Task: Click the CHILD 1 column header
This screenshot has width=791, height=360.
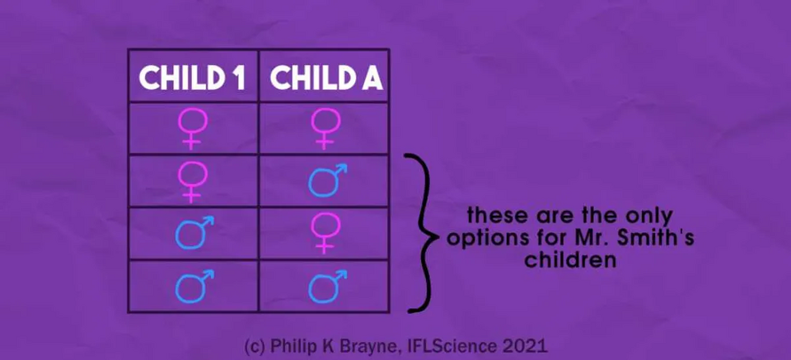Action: coord(192,77)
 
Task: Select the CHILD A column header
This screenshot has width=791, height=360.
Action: coord(326,77)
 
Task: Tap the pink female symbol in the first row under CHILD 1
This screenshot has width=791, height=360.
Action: coord(192,128)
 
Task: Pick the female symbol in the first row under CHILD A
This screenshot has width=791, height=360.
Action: coord(325,128)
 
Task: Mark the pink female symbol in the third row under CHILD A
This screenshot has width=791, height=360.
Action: coord(325,233)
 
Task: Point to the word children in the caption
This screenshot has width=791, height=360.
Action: coord(569,260)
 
